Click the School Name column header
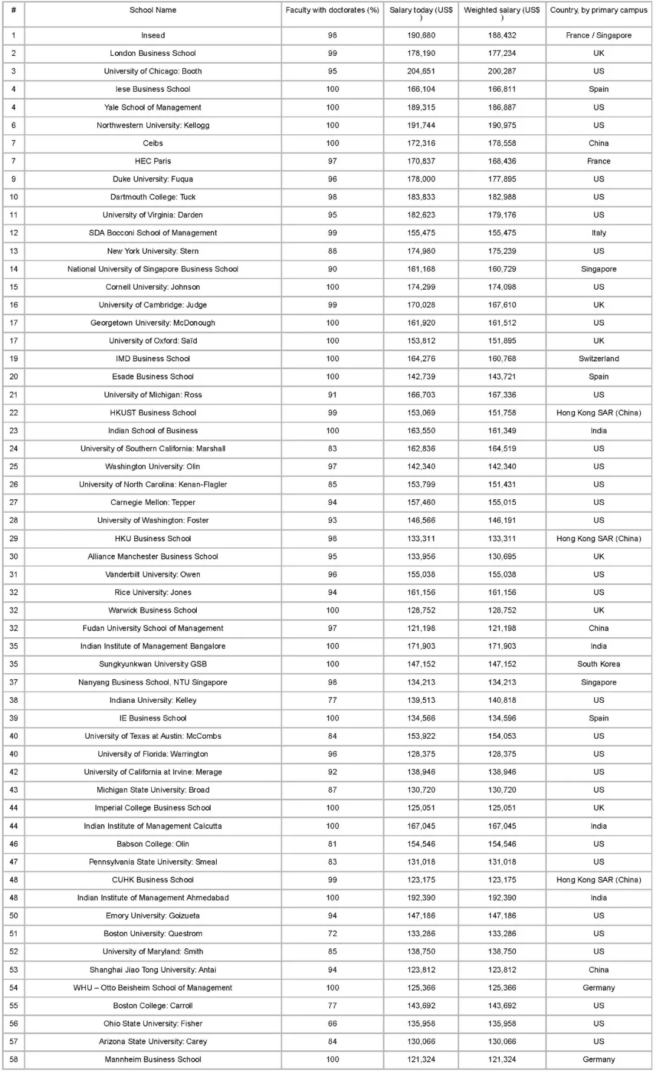tap(153, 10)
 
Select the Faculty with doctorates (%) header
tap(332, 10)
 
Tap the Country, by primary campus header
tap(598, 10)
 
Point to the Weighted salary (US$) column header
tap(502, 13)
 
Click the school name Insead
tap(153, 35)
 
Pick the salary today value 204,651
tap(421, 71)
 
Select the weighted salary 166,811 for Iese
tap(502, 89)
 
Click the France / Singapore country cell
tap(598, 35)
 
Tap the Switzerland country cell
tap(598, 359)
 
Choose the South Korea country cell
tap(598, 664)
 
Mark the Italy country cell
tap(598, 233)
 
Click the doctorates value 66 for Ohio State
tap(332, 1024)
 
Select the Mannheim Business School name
tap(153, 1059)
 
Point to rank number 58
tap(13, 1059)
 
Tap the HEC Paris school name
tap(153, 161)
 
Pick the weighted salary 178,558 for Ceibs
tap(502, 143)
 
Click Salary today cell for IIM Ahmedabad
tap(421, 898)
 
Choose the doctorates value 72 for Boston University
tap(332, 934)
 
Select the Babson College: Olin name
tap(153, 844)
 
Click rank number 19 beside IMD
tap(13, 359)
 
